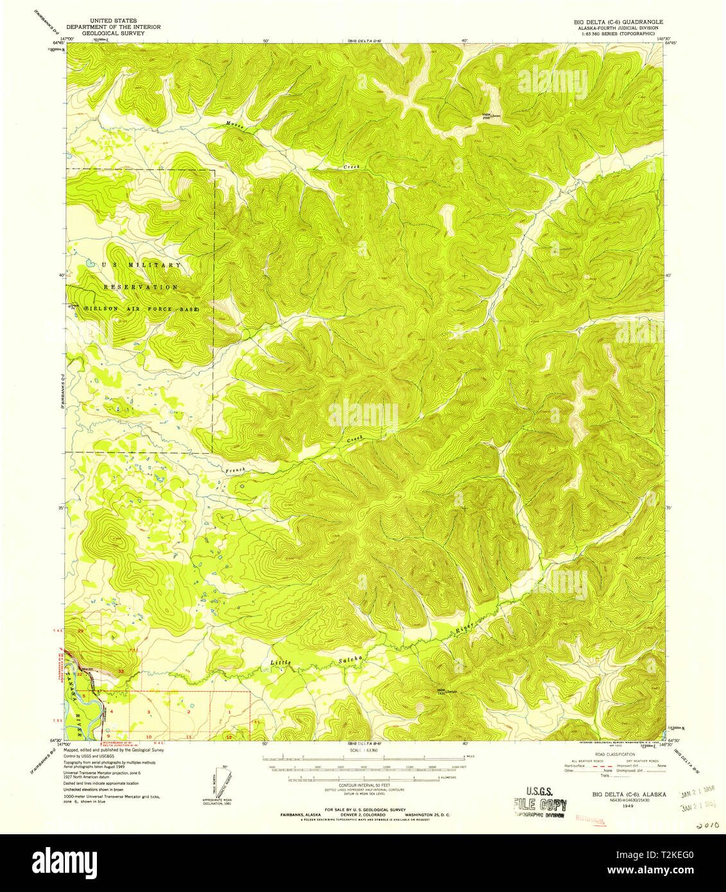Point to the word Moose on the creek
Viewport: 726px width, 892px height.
tap(233, 125)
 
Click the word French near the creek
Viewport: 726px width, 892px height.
tap(235, 470)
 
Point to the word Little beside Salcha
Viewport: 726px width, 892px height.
tap(280, 662)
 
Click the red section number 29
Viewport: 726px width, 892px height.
tap(81, 631)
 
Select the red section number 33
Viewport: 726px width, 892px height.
tap(121, 671)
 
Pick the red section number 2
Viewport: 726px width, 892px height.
tap(189, 712)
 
